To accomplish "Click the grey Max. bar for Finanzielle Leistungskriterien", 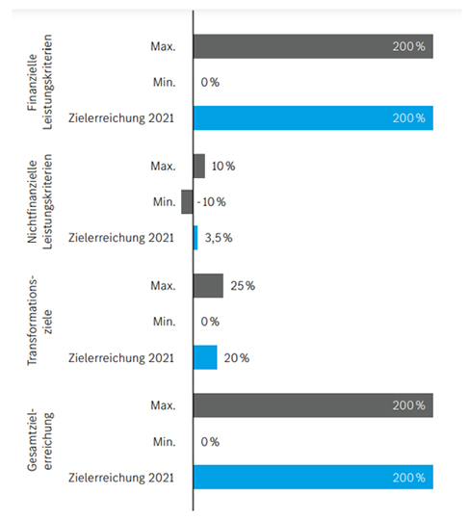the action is (x=313, y=46).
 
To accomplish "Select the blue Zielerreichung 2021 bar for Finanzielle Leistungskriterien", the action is (x=313, y=118).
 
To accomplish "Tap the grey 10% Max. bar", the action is (x=199, y=166).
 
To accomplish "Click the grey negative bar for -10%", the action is (x=187, y=201).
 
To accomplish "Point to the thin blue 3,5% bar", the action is (x=195, y=238).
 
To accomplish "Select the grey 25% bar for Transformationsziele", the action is (x=208, y=286).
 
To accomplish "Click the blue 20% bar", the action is (x=205, y=357).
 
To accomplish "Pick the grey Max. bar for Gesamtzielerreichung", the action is (x=313, y=405).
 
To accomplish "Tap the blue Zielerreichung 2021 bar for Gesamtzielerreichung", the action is (x=313, y=478).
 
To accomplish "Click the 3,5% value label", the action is (x=219, y=238).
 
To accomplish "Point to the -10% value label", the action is (x=211, y=201).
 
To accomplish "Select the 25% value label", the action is (x=243, y=286).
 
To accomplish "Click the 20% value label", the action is (x=237, y=358).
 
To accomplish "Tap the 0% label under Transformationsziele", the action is (x=210, y=322).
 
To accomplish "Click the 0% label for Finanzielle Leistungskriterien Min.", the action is (x=210, y=82).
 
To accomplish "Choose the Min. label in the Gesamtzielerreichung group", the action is (x=164, y=442).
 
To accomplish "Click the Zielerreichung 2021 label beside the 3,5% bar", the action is (x=121, y=238).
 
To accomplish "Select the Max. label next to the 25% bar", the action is (x=163, y=286).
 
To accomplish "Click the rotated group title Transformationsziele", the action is (x=39, y=322).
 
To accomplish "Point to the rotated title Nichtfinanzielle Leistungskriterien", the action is (x=39, y=201).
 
